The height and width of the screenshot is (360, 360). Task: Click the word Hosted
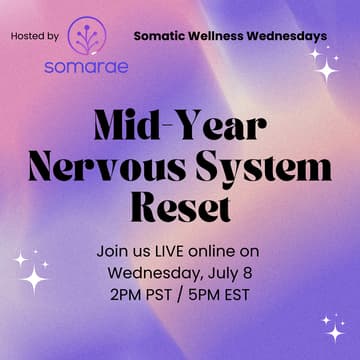(x=27, y=37)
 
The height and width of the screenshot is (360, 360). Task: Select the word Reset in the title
(x=180, y=208)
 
